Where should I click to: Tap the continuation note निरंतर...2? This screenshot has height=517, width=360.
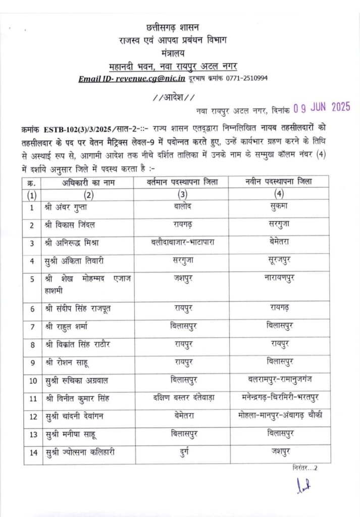305,468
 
